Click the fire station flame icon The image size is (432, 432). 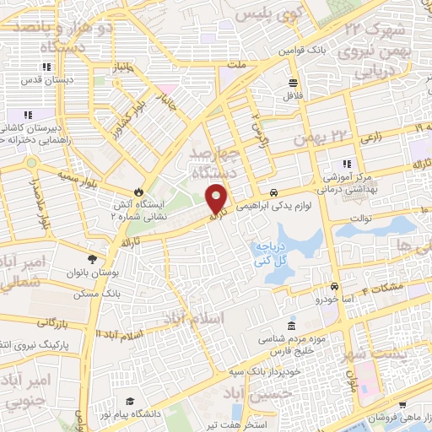pos(140,192)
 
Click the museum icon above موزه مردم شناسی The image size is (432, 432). pos(291,326)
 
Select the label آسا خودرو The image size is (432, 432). pos(337,299)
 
